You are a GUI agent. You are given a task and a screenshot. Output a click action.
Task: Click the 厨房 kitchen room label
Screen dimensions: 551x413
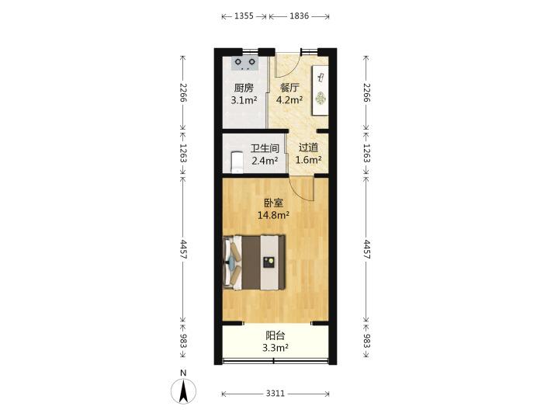click(244, 88)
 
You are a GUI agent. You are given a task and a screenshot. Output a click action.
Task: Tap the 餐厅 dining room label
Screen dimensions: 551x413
click(289, 88)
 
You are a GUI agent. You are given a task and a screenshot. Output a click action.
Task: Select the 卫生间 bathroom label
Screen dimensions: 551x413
click(265, 148)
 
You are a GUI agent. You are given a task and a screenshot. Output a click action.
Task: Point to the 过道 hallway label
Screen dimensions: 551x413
click(308, 147)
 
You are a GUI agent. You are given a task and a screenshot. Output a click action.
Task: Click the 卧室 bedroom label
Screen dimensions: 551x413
click(273, 203)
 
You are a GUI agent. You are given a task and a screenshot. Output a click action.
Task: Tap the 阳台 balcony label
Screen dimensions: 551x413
click(275, 335)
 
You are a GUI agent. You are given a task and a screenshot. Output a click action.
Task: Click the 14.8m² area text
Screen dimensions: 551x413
click(273, 215)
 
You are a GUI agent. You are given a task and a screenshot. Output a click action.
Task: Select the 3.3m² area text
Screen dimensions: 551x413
click(275, 348)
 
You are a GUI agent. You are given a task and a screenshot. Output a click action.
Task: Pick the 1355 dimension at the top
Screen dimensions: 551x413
click(244, 16)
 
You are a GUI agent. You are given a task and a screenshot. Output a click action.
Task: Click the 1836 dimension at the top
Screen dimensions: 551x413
click(299, 16)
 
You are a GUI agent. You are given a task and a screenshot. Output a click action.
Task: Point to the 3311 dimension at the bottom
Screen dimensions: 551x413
click(275, 394)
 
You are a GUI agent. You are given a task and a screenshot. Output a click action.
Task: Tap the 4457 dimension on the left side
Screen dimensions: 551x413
click(183, 249)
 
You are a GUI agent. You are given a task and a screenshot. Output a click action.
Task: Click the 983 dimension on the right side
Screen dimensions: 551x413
click(366, 341)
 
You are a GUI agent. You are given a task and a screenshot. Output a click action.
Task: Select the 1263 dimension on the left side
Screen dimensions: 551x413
click(183, 153)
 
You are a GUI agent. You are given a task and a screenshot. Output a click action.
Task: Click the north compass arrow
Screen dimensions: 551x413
click(183, 391)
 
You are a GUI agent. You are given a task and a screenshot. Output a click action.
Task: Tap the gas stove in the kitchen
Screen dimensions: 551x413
click(244, 64)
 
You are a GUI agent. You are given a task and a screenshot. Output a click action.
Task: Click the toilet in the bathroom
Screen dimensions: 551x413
click(237, 161)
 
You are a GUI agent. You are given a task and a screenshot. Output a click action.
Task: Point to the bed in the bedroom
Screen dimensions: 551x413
click(254, 262)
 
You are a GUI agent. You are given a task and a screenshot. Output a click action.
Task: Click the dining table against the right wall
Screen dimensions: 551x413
click(321, 90)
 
